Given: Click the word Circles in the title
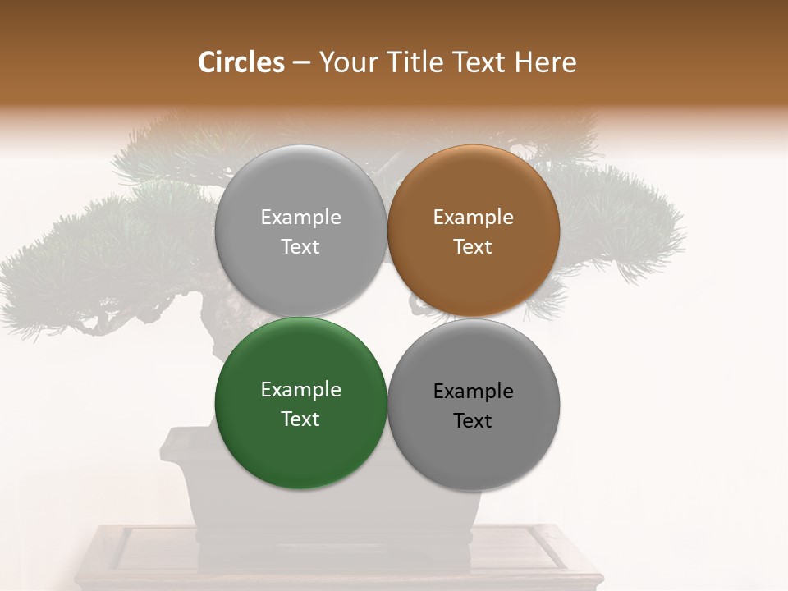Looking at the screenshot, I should tap(241, 62).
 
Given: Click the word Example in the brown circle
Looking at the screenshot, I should tap(473, 218).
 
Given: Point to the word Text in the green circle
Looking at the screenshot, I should tap(300, 419).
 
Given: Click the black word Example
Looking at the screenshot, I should tap(473, 391).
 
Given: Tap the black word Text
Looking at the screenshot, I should tap(473, 420).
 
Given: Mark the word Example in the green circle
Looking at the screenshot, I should tap(300, 390).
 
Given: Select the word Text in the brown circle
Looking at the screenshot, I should tap(473, 247).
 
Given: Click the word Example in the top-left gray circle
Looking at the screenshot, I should tap(300, 218).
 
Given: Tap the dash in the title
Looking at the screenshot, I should tap(301, 62).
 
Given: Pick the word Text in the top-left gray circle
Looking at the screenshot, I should tap(300, 247).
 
